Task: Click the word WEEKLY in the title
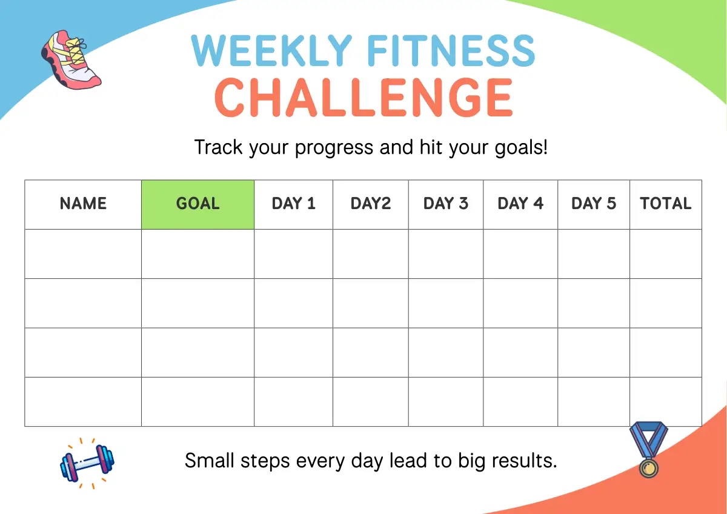coord(271,51)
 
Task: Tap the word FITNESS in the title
coord(451,51)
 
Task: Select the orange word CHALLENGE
coord(363,98)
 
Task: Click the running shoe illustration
coord(71,60)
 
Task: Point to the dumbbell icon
coord(87,463)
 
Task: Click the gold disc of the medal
coord(649,468)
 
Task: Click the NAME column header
coord(83,204)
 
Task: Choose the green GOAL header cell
coord(198,204)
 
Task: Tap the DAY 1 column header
coord(293,204)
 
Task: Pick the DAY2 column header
coord(371,204)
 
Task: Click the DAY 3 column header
coord(446,204)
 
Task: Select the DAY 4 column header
coord(520,204)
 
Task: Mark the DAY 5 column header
coord(594,204)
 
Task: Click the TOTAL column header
coord(665,204)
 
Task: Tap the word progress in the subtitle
coord(334,148)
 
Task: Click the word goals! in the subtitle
coord(521,148)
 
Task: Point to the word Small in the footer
coord(210,461)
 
